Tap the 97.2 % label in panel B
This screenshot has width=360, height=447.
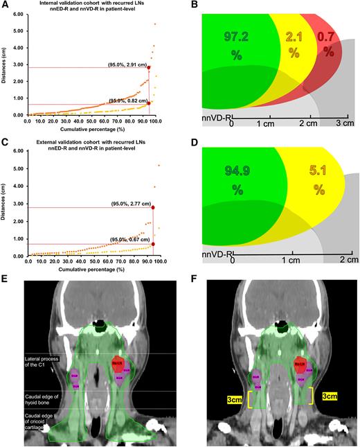[x=237, y=44]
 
